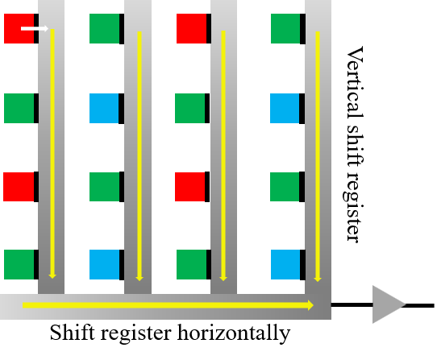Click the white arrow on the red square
click(35, 28)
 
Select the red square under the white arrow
click(19, 29)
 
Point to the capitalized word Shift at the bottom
click(73, 332)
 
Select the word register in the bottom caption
click(135, 333)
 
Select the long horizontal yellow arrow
click(168, 305)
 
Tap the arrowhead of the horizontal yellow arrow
click(310, 305)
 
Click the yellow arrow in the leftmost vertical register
click(52, 154)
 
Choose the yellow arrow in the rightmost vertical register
click(318, 156)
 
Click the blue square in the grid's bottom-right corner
click(285, 264)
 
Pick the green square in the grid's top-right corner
click(285, 29)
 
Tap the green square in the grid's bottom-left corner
click(19, 264)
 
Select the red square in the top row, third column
click(191, 29)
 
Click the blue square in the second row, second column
click(104, 108)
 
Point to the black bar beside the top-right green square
click(302, 29)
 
